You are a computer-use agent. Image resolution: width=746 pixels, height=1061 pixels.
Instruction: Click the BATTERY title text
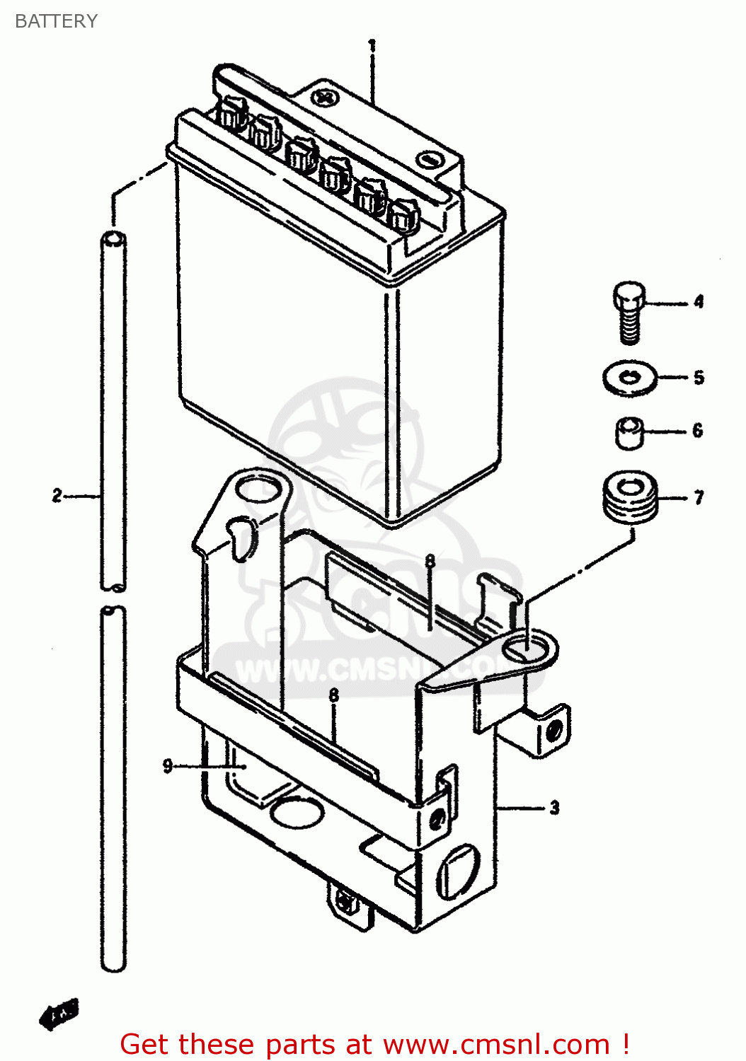coord(56,21)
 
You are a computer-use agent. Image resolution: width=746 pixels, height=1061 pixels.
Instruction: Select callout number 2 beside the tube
coord(57,495)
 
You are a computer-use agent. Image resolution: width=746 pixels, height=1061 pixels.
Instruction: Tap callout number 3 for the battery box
coord(554,807)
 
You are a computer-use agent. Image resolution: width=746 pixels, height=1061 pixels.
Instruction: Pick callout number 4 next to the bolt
coord(699,302)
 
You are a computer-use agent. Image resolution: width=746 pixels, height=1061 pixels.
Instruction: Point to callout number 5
coord(699,377)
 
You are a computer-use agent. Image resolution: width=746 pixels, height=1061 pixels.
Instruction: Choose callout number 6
coord(698,430)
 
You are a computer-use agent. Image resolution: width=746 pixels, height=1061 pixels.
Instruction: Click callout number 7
coord(699,498)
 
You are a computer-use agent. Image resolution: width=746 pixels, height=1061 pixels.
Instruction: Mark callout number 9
coord(168,765)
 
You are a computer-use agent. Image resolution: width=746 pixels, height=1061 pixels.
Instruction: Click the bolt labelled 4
coord(629,311)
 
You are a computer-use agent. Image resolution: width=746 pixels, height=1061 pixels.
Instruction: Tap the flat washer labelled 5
coord(629,378)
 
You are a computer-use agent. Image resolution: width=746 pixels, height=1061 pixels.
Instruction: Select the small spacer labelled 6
coord(628,432)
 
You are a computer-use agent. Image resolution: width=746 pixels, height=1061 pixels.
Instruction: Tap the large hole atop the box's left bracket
coord(258,489)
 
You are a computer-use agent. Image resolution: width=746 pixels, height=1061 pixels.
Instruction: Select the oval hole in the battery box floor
coord(297,812)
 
